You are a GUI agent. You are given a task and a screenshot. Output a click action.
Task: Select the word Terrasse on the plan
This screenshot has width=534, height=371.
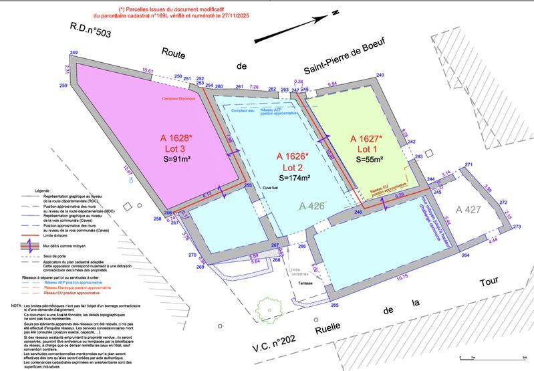coord(307,283)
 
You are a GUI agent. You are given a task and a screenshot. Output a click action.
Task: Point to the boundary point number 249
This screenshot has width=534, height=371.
coord(74,53)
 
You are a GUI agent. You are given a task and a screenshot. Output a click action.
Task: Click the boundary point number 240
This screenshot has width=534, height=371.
coord(380,76)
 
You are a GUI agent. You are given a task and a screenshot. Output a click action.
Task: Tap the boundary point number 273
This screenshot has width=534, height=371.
coord(517,227)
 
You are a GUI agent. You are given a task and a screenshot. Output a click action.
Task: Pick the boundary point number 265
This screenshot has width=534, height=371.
coord(333,305)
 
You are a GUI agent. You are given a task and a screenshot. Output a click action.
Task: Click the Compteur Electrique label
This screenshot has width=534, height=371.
coord(178,99)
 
